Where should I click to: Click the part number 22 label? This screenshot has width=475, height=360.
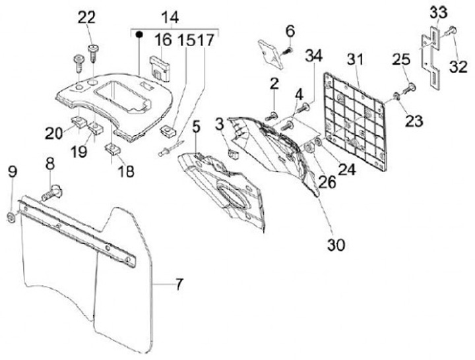[86, 18]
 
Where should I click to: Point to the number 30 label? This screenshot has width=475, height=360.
[336, 245]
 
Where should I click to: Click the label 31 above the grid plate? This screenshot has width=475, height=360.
[356, 60]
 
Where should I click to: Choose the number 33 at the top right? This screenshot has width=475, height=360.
[438, 11]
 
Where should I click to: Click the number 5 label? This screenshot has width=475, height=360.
[196, 125]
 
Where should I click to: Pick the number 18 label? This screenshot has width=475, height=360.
[125, 171]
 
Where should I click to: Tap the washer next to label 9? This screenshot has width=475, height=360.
[12, 217]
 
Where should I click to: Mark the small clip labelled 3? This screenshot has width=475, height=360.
[232, 154]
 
